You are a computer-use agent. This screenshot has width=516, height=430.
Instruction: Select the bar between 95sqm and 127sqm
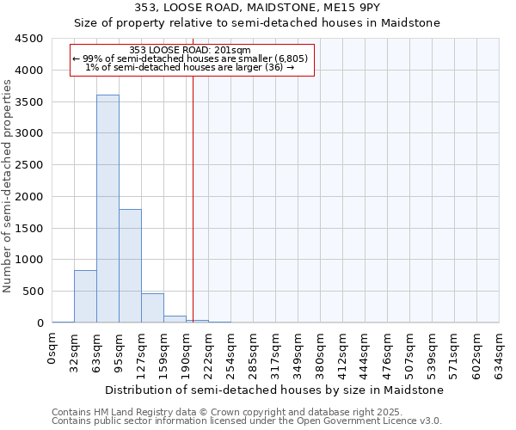[x=130, y=266]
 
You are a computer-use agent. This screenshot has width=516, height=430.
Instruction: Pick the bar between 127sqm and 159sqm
[x=152, y=308]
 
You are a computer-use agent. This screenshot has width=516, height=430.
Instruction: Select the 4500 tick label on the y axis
[x=29, y=39]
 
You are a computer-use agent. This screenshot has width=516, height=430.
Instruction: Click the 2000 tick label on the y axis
[x=29, y=197]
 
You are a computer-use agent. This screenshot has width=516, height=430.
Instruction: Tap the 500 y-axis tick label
[x=33, y=292]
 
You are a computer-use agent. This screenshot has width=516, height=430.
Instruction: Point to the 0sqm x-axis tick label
[x=52, y=353]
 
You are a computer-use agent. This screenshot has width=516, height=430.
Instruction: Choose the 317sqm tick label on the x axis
[x=276, y=353]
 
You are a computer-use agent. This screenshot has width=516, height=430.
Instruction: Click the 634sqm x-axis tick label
[x=500, y=353]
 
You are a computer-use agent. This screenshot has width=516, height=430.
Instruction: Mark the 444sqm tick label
[x=365, y=353]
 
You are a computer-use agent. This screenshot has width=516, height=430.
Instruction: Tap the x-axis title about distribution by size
[x=275, y=390]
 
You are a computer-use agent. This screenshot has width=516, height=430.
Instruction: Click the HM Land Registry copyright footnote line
[x=227, y=413]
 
